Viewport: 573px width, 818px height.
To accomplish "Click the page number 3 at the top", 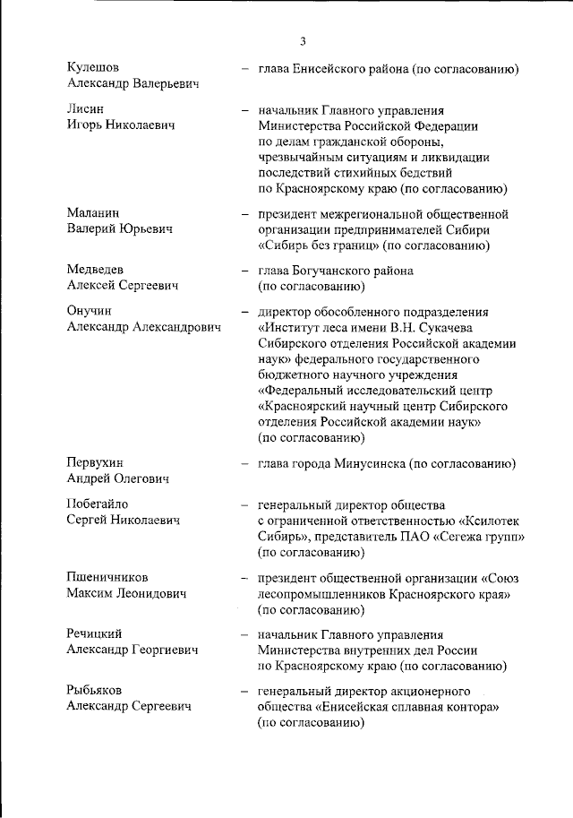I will [303, 40].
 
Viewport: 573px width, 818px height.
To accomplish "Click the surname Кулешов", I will [93, 68].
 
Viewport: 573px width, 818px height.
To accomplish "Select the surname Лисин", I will [86, 109].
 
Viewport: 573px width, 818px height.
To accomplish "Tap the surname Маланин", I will [94, 214].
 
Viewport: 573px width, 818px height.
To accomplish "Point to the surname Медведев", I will [95, 270].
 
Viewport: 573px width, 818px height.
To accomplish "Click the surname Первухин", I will [96, 463].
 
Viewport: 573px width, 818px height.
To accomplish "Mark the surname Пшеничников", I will [107, 578].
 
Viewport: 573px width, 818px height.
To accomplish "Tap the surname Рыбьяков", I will [94, 690].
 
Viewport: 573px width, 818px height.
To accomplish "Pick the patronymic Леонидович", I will [147, 594].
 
